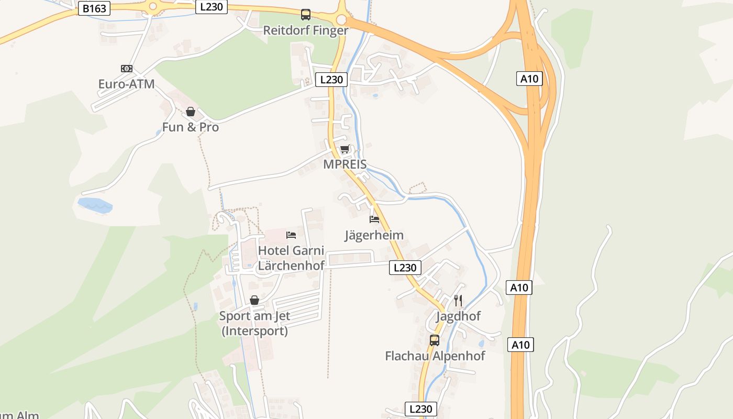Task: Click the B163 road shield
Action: [x=94, y=8]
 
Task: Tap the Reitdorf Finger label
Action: [x=305, y=30]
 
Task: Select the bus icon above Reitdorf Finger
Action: [x=306, y=15]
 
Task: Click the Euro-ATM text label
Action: [x=126, y=84]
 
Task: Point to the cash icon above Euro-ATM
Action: [x=127, y=69]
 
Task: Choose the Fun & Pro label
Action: [x=190, y=127]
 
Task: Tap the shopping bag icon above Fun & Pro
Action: [x=191, y=112]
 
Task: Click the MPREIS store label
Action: [x=345, y=164]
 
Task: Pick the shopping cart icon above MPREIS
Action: [x=345, y=150]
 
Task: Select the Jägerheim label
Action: [x=374, y=235]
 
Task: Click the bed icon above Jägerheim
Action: [x=374, y=219]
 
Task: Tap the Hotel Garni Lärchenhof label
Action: [x=291, y=258]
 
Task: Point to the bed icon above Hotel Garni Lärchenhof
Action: [x=291, y=235]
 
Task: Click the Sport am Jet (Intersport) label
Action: [x=254, y=323]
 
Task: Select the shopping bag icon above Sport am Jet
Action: [x=254, y=300]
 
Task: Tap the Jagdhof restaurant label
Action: [x=458, y=316]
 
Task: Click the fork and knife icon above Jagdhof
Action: [x=458, y=300]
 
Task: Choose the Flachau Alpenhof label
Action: [x=435, y=356]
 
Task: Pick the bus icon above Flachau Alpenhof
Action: [x=435, y=340]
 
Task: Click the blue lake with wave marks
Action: [x=95, y=205]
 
